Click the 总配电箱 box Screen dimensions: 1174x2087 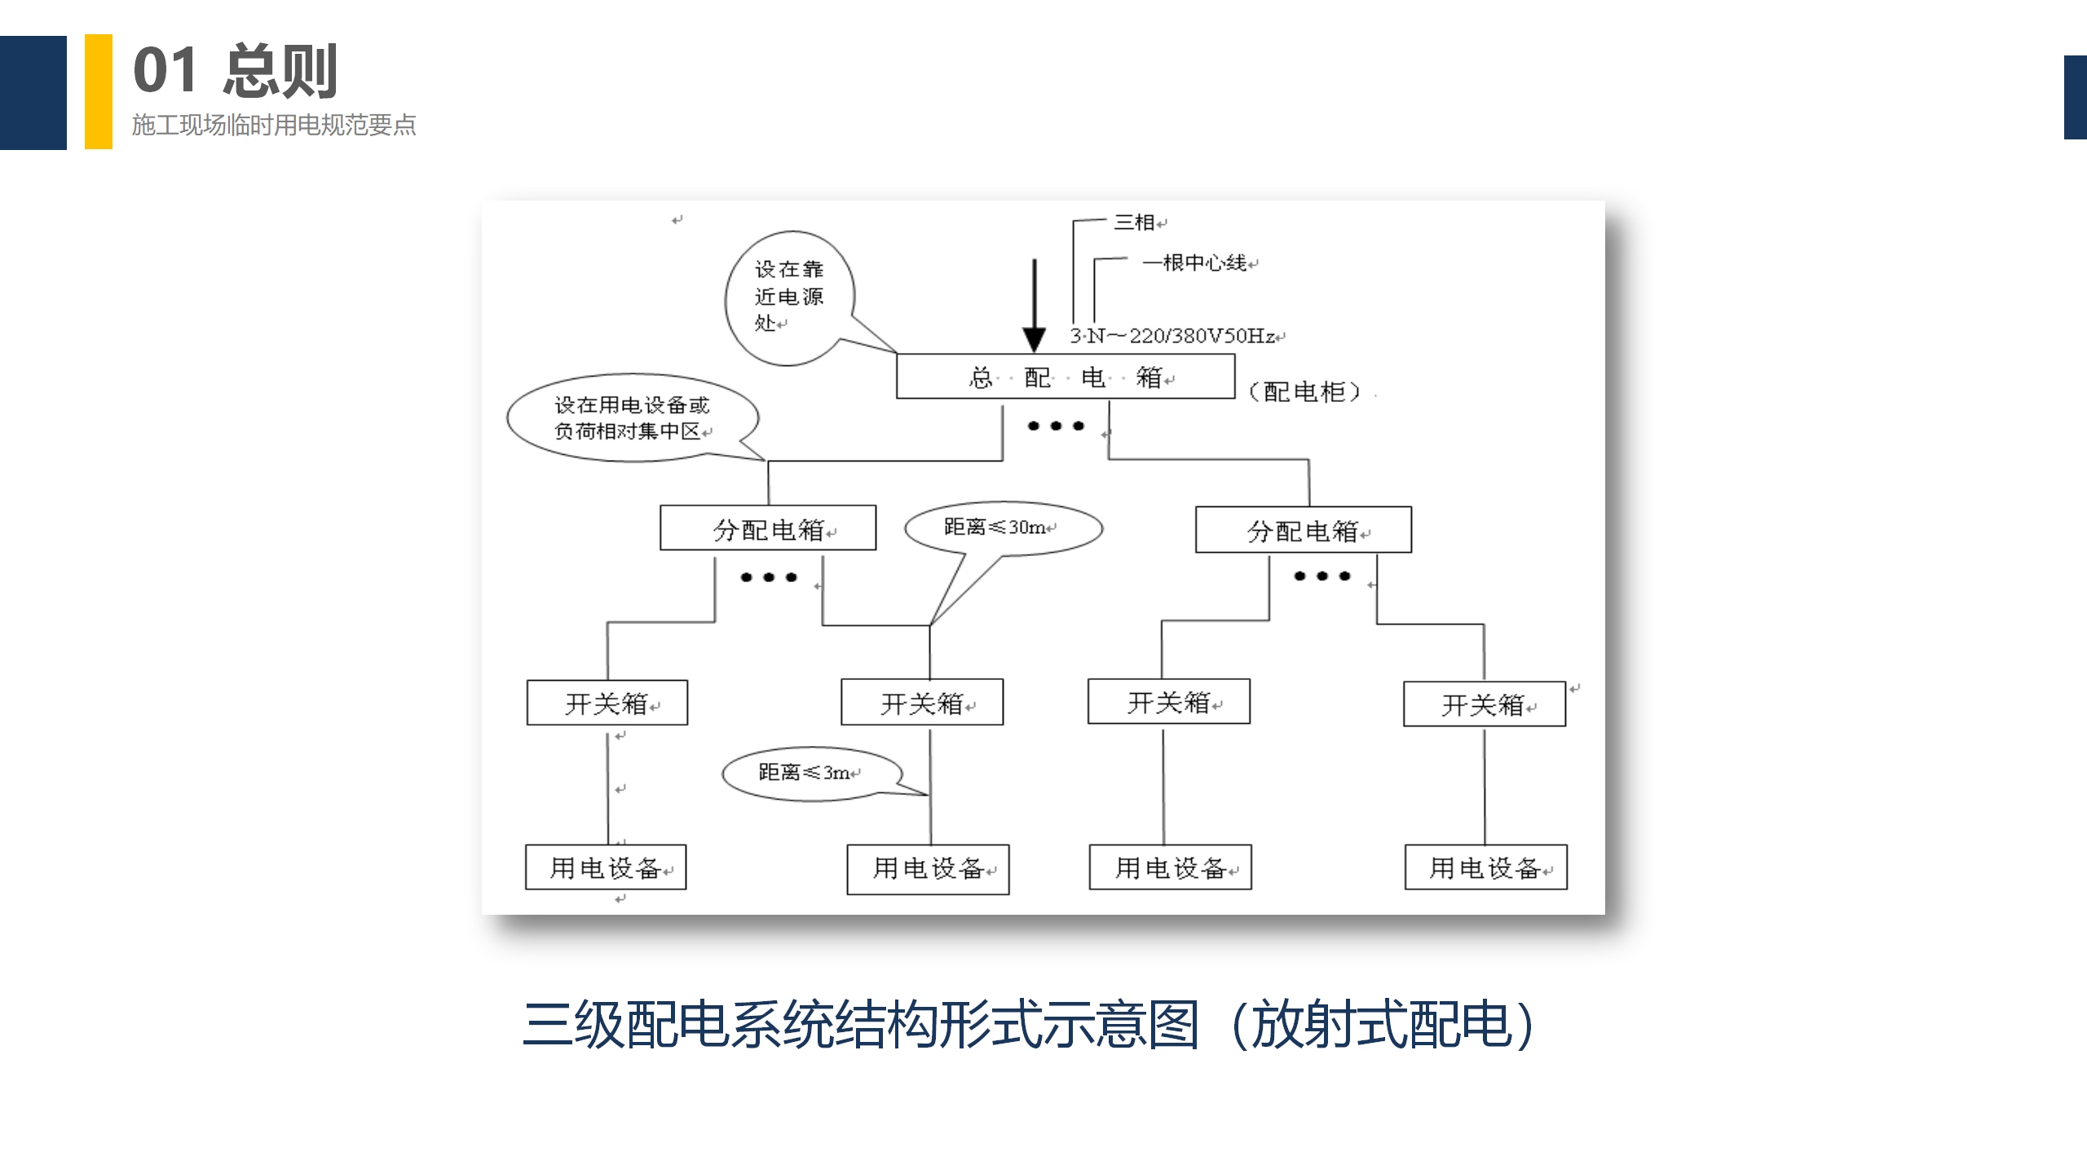coord(1065,377)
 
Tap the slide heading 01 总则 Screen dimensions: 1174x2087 coord(235,71)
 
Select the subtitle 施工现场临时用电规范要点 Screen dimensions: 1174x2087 coord(274,125)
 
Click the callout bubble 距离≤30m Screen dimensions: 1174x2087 coord(1003,527)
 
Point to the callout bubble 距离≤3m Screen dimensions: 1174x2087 coord(810,772)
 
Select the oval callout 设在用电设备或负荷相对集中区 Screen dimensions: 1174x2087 coord(632,417)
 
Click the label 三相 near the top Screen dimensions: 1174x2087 coord(1135,222)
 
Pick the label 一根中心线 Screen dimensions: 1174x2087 coord(1195,263)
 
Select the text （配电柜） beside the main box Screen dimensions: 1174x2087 coord(1304,392)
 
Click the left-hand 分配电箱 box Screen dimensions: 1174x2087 coord(768,528)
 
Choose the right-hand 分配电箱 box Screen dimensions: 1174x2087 coord(1303,530)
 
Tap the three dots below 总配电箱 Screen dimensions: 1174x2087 coord(1056,426)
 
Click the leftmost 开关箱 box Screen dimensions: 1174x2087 coord(607,703)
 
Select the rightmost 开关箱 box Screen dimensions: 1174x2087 coord(1484,704)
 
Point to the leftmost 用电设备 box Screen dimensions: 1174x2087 coord(606,867)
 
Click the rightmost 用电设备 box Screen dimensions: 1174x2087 coord(1485,867)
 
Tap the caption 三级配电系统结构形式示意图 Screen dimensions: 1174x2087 coord(861,1025)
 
